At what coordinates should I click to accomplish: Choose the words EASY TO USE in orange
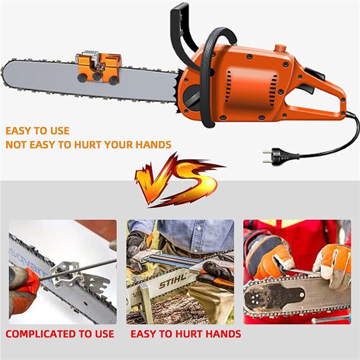pos(37,131)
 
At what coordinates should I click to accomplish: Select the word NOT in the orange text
pos(16,145)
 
